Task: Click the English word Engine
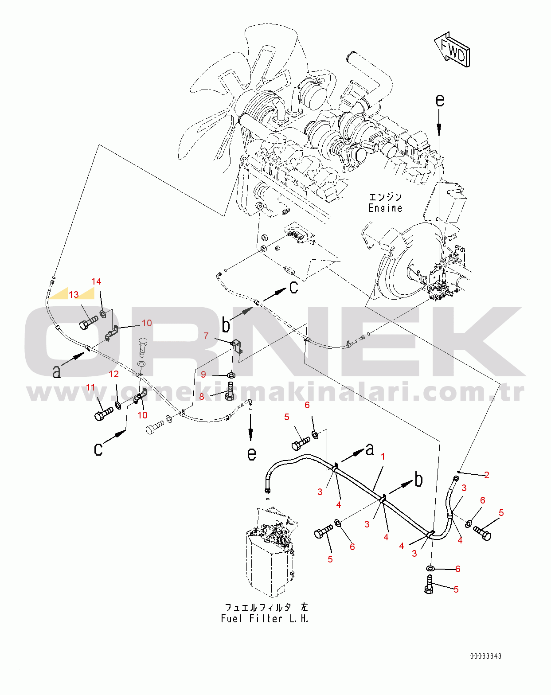[385, 208]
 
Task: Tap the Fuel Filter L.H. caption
[265, 618]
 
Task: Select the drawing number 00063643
[486, 656]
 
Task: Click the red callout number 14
[96, 281]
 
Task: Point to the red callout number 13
[74, 295]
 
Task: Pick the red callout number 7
[206, 336]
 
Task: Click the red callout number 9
[203, 374]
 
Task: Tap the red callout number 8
[202, 397]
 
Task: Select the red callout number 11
[91, 387]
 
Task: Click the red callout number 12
[113, 374]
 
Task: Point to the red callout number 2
[487, 475]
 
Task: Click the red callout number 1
[383, 457]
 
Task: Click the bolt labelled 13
[88, 322]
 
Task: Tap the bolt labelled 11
[104, 414]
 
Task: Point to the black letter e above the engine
[440, 100]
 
